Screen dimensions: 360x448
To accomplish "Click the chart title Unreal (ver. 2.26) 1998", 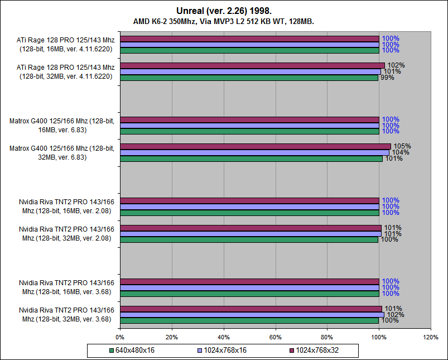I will coord(224,11).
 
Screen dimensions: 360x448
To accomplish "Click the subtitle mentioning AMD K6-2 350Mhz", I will coord(224,21).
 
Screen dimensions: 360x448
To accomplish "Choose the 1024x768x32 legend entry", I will coord(317,351).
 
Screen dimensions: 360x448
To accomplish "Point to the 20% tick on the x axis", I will coord(171,337).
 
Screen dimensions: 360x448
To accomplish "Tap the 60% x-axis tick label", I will coord(275,337).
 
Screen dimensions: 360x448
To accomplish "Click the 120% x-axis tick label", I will coord(431,337).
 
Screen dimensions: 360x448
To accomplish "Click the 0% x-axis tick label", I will coord(120,337).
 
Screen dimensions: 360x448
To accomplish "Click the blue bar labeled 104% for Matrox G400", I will coord(254,152).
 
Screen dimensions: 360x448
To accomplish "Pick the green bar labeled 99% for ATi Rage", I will coord(249,78).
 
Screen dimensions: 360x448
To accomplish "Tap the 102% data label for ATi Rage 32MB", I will coord(396,65).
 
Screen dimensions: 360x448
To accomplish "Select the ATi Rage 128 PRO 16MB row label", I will coord(66,44).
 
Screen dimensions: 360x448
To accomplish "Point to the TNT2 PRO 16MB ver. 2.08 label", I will coord(66,207).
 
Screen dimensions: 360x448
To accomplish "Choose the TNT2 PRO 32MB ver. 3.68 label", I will coord(66,314).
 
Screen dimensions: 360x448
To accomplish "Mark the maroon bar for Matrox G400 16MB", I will coord(249,119).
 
